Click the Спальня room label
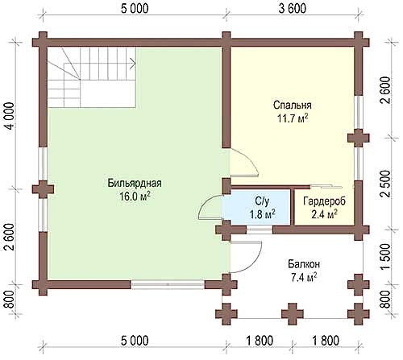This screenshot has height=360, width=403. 293,106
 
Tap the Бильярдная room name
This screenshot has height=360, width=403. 135,183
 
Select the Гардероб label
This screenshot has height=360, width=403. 324,201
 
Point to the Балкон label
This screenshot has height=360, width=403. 304,264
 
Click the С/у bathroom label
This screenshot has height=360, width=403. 262,201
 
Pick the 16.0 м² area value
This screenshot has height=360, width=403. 135,197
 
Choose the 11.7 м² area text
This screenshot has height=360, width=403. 293,118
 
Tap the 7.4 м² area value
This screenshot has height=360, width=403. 304,277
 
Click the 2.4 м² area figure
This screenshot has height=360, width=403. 324,214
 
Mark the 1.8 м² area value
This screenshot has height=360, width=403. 262,214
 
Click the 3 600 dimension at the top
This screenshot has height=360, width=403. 293,8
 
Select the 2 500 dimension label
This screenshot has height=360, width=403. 385,184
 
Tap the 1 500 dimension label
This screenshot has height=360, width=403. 385,256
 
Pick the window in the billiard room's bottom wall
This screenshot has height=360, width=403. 168,284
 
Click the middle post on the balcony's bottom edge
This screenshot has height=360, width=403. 293,314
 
